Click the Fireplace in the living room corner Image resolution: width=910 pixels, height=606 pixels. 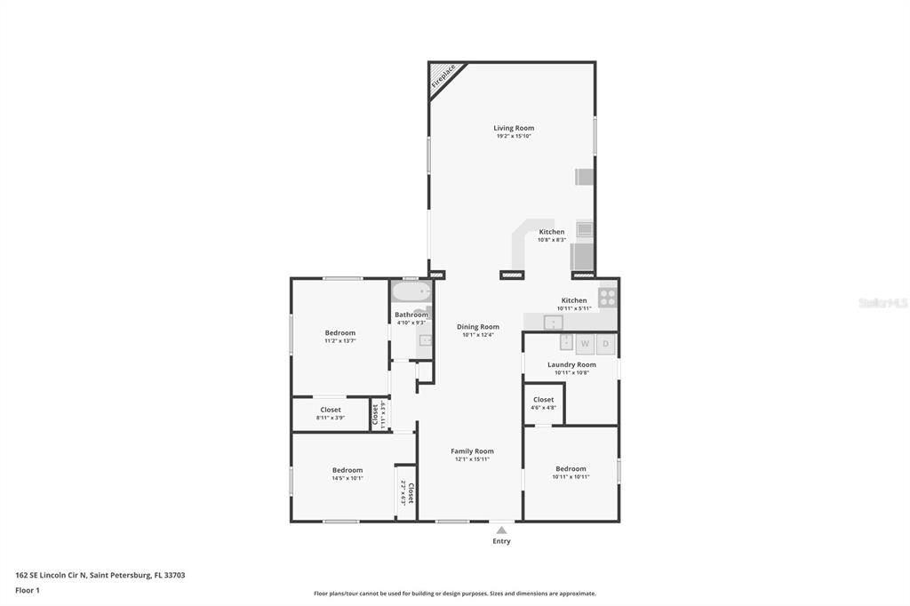tap(441, 76)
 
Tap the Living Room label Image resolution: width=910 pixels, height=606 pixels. tap(514, 129)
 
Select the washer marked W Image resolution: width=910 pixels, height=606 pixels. tap(585, 343)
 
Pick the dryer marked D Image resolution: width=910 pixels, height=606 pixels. tap(606, 343)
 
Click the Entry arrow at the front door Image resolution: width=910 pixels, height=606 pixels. tap(501, 530)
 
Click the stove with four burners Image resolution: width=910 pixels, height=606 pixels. tap(608, 297)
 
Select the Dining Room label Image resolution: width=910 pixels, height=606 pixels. tap(478, 327)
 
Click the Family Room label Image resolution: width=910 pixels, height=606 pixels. tap(472, 451)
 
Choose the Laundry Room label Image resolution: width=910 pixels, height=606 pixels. tap(571, 365)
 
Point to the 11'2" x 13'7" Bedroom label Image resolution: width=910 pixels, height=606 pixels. tap(339, 333)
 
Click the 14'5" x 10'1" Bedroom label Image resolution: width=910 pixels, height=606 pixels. tap(347, 470)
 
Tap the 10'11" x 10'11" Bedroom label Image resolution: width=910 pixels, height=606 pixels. tap(571, 469)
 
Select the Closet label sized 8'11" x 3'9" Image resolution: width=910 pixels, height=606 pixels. tap(331, 411)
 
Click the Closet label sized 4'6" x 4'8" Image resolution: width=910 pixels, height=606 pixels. tap(543, 400)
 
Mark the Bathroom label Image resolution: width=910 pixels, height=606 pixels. tap(411, 315)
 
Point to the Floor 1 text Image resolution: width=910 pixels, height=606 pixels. tap(28, 590)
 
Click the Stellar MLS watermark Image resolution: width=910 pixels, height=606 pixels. tap(882, 303)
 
